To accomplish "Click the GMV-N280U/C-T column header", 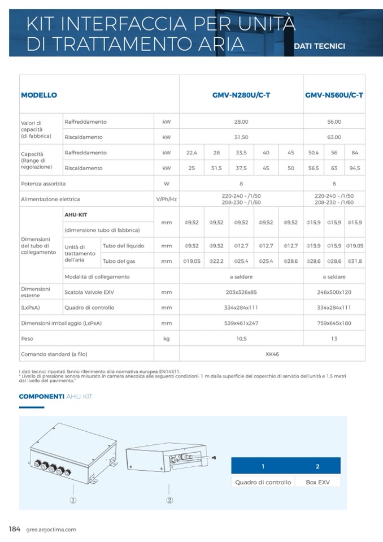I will (241, 95).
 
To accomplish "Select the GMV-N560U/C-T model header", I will (334, 95).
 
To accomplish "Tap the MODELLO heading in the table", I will (39, 95).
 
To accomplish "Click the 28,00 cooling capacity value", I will (241, 122).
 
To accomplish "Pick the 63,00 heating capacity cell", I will (334, 137).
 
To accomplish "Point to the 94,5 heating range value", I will (355, 168).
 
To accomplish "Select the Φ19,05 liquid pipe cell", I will (355, 246).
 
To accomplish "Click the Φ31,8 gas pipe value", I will (355, 261).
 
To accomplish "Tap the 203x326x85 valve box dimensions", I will (241, 292).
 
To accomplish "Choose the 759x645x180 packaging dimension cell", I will (334, 323).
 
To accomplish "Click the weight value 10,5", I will (241, 339).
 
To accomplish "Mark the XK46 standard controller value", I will (272, 354).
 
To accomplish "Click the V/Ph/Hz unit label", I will (167, 199).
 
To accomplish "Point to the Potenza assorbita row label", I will (43, 184).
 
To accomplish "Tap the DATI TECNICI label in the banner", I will (320, 46).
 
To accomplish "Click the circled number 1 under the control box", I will (73, 500).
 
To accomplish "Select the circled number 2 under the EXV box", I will (169, 500).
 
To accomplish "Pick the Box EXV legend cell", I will (317, 482).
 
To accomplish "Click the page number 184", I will (15, 529).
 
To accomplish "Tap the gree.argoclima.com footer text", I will (51, 530).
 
